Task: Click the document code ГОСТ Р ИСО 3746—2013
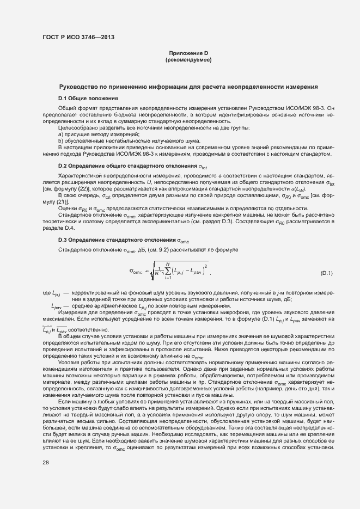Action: click(78, 38)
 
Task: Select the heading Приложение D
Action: click(188, 53)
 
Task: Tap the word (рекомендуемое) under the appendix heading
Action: click(188, 59)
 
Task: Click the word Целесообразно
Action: click(76, 127)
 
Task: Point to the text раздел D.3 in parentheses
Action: click(272, 221)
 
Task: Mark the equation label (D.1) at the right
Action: click(327, 272)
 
